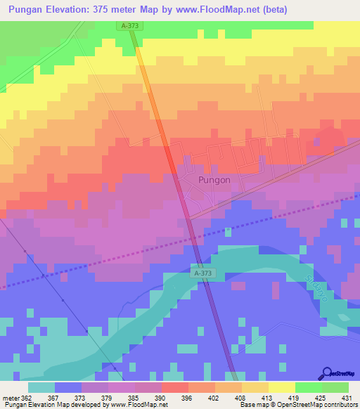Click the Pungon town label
[x=210, y=180]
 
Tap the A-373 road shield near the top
[x=129, y=25]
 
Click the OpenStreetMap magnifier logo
[x=328, y=374]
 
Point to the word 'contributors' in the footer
[x=340, y=405]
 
